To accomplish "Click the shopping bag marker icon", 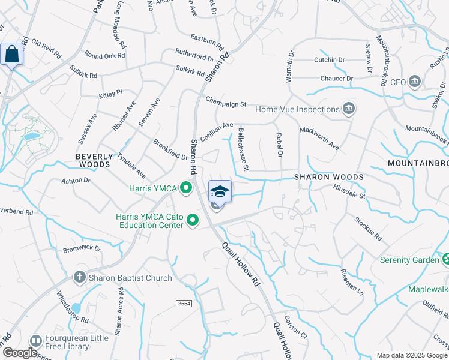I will (x=12, y=55).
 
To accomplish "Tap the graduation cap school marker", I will (x=220, y=191).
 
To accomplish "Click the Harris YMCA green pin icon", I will (x=186, y=189).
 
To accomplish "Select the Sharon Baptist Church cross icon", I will (x=79, y=277).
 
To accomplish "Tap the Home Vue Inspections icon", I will (x=348, y=109).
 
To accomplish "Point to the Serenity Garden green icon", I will (x=445, y=260).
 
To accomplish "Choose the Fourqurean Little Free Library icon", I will (x=35, y=341).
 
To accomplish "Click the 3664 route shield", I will (x=184, y=304).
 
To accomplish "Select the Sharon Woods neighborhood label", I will (x=329, y=177).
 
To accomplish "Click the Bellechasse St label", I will (x=244, y=148).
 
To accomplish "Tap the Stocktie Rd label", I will (x=368, y=227).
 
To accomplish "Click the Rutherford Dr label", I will (x=194, y=55).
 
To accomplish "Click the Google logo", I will (x=20, y=353).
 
